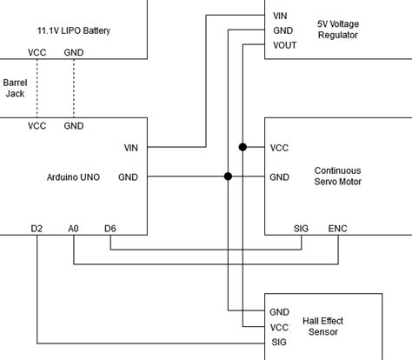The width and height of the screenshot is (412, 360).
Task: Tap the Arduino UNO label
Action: click(72, 177)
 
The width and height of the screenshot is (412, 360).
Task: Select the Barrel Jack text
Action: click(15, 87)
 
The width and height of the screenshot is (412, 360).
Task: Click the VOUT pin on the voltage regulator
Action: click(283, 45)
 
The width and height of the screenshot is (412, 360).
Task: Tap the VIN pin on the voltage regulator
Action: click(279, 16)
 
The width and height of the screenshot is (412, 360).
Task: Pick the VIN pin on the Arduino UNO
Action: click(130, 147)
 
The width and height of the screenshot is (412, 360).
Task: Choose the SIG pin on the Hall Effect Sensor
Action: click(279, 343)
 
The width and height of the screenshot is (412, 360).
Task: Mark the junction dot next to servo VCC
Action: click(243, 147)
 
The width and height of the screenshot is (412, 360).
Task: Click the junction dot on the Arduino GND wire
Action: click(228, 177)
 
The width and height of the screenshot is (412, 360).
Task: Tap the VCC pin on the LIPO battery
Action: click(37, 52)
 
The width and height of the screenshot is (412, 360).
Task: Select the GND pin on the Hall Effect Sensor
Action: click(279, 311)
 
